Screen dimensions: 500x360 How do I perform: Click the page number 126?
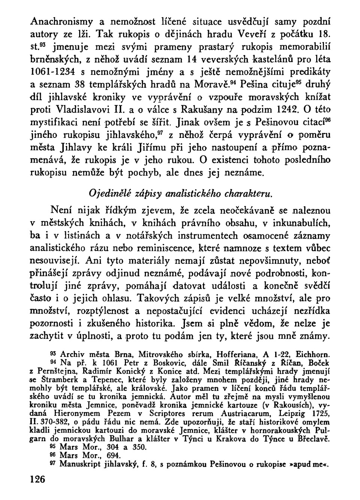coord(37,479)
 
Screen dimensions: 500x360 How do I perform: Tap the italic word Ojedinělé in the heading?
coord(106,193)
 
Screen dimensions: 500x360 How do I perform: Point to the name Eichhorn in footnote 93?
coord(313,353)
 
